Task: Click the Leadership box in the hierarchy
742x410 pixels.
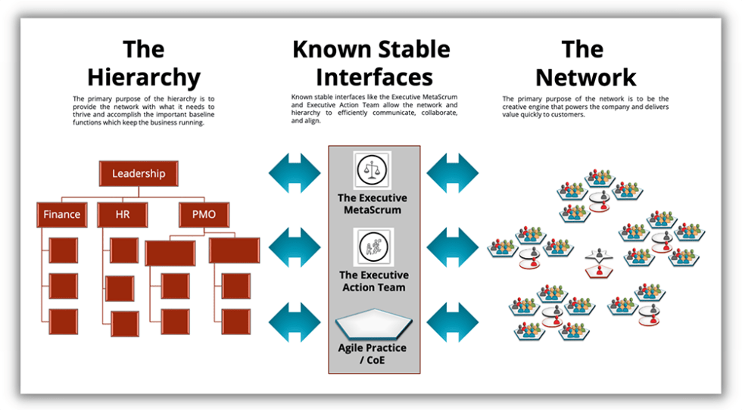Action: (139, 174)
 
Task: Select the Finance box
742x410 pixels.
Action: (62, 215)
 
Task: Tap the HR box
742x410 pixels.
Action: (123, 215)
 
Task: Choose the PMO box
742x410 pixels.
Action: (204, 215)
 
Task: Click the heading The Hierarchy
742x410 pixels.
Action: (144, 64)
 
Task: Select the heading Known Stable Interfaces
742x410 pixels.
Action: (371, 64)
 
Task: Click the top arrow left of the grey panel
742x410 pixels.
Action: (295, 173)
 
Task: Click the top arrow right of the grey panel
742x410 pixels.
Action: (452, 173)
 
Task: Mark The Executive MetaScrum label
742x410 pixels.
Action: (373, 203)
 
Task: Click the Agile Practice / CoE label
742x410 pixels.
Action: (373, 354)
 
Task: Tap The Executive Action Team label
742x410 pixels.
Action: (373, 281)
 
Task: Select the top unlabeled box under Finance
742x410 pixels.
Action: (63, 250)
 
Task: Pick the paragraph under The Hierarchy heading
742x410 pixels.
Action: (144, 110)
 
